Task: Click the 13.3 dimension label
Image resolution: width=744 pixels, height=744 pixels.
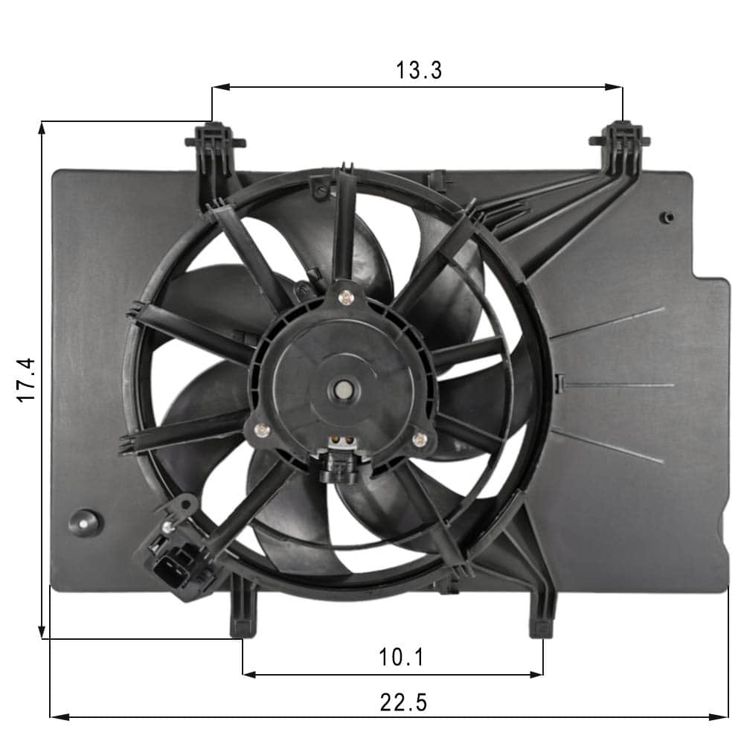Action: [419, 70]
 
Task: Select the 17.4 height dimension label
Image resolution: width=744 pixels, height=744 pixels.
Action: [27, 380]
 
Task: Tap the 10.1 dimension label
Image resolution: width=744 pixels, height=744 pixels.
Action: [401, 657]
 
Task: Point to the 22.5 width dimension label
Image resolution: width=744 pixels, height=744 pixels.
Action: [403, 702]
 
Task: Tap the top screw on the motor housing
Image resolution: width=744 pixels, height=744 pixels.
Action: [347, 298]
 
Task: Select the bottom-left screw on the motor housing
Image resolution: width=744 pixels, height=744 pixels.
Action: [261, 430]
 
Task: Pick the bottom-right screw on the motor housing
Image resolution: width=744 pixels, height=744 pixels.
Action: [419, 440]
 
